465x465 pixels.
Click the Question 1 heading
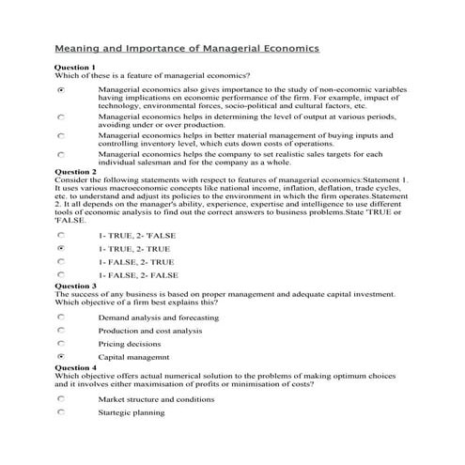click(x=75, y=68)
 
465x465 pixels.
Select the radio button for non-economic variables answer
click(x=61, y=91)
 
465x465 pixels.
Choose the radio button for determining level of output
click(x=61, y=118)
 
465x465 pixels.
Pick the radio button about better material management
click(x=61, y=136)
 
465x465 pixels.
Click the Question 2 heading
click(x=75, y=172)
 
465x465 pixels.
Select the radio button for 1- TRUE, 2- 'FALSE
click(x=61, y=235)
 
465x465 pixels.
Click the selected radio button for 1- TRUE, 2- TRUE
click(x=61, y=249)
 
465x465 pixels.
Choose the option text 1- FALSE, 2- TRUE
click(x=136, y=262)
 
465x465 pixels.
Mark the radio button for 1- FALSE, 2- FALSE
click(x=61, y=275)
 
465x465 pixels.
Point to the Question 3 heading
click(x=75, y=285)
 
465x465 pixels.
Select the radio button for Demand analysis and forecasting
click(x=61, y=318)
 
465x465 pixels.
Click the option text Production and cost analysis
click(x=149, y=331)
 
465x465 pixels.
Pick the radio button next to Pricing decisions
click(x=61, y=344)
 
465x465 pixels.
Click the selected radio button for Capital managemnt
click(x=61, y=358)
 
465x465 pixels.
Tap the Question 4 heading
click(x=75, y=367)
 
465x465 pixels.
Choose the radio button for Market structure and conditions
click(x=61, y=399)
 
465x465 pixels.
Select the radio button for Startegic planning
click(x=61, y=412)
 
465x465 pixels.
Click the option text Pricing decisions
click(x=130, y=344)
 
